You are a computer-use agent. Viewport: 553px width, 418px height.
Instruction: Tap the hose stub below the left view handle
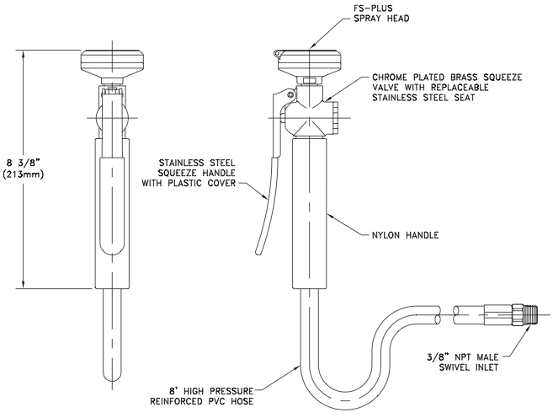[111, 337]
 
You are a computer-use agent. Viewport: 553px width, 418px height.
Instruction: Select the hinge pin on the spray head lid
[277, 56]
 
